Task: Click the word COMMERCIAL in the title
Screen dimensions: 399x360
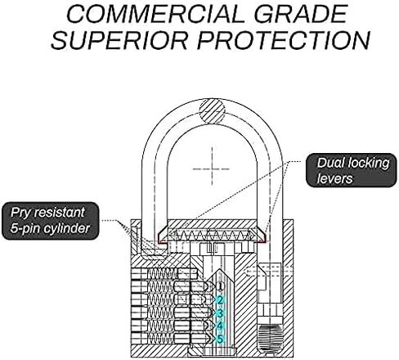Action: (x=155, y=14)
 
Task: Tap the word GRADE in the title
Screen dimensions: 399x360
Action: (x=301, y=14)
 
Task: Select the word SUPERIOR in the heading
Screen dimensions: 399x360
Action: (x=119, y=40)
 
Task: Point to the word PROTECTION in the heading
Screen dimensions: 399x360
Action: (x=284, y=40)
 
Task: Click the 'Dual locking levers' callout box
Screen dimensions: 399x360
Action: (x=352, y=170)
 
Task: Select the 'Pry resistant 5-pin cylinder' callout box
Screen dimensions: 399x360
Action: (x=50, y=221)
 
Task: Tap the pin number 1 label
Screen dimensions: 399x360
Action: (x=220, y=286)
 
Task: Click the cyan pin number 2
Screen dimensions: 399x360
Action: (x=220, y=300)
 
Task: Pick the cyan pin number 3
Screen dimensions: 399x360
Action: (x=220, y=313)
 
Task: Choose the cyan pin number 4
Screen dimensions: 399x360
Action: (x=220, y=326)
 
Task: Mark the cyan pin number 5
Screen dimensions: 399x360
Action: (x=220, y=339)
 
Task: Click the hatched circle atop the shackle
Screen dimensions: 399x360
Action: (x=213, y=111)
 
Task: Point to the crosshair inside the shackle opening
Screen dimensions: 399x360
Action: (x=212, y=169)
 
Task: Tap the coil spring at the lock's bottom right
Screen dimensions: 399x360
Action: (x=270, y=338)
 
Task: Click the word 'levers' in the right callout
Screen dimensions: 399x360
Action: (x=334, y=178)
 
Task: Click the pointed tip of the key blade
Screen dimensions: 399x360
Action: (x=220, y=269)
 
